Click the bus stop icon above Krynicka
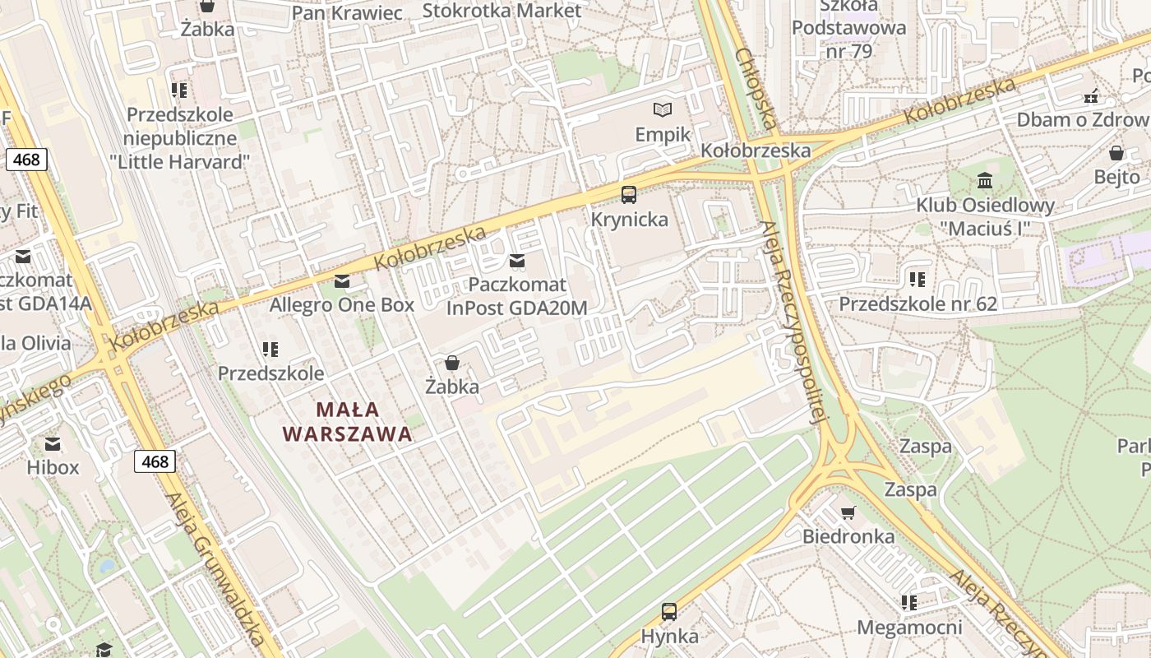pyautogui.click(x=629, y=195)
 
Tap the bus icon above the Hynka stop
pyautogui.click(x=669, y=611)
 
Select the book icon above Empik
pyautogui.click(x=662, y=109)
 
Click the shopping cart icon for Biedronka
pyautogui.click(x=848, y=512)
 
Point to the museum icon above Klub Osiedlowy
pyautogui.click(x=984, y=180)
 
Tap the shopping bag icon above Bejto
pyautogui.click(x=1116, y=153)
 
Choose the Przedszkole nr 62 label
pyautogui.click(x=918, y=304)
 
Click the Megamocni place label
pyautogui.click(x=909, y=628)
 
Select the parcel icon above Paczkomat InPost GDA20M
pyautogui.click(x=517, y=261)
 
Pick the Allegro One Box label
pyautogui.click(x=342, y=304)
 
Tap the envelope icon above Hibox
pyautogui.click(x=53, y=444)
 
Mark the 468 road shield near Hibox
pyautogui.click(x=155, y=461)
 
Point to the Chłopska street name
pyautogui.click(x=756, y=89)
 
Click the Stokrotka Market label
pyautogui.click(x=502, y=11)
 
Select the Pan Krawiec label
pyautogui.click(x=347, y=13)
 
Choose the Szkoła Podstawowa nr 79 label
pyautogui.click(x=848, y=28)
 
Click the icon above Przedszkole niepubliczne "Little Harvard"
pyautogui.click(x=179, y=90)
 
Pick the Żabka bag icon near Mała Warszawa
pyautogui.click(x=451, y=363)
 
